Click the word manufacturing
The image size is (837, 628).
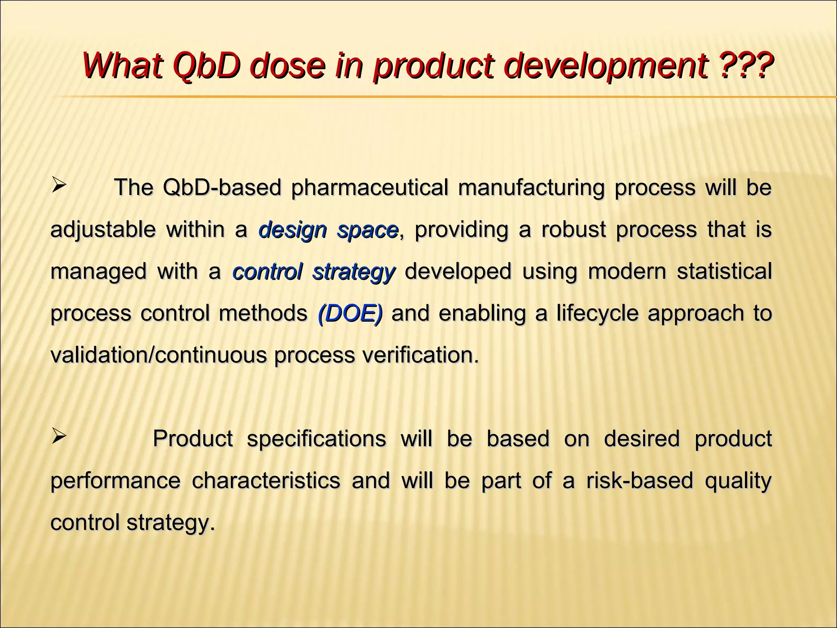point(531,188)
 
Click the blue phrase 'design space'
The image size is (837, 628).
point(329,230)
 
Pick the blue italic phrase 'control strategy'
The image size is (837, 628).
point(313,271)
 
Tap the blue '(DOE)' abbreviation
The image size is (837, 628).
point(350,314)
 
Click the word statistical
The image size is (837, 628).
point(724,271)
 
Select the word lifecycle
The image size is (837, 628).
point(597,314)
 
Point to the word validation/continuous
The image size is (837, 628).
point(158,355)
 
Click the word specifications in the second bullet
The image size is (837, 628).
point(316,439)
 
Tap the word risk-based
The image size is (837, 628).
point(640,480)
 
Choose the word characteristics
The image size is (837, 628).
point(266,480)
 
